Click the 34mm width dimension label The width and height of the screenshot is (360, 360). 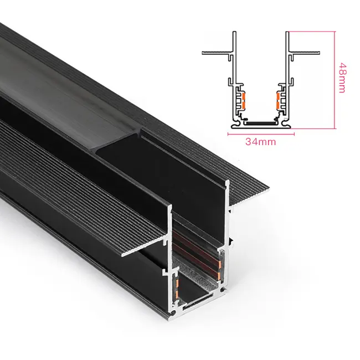(260, 141)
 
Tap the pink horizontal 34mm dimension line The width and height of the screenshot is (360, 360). (260, 133)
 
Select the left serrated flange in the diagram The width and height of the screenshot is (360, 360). (216, 53)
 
